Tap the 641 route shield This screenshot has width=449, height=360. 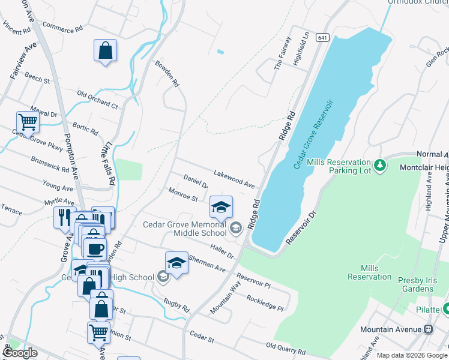click(323, 37)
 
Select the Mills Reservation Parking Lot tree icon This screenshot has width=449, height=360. click(379, 164)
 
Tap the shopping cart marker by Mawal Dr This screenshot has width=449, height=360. click(28, 122)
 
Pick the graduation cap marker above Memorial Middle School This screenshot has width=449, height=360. click(221, 207)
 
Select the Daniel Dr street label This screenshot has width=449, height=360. click(196, 181)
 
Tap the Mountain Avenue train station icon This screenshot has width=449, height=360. click(429, 329)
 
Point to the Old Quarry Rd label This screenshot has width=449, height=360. click(286, 348)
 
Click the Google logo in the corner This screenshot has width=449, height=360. click(20, 353)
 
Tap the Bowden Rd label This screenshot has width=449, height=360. click(167, 74)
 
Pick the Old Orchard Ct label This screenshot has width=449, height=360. click(97, 100)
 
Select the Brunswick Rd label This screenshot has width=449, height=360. click(51, 163)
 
